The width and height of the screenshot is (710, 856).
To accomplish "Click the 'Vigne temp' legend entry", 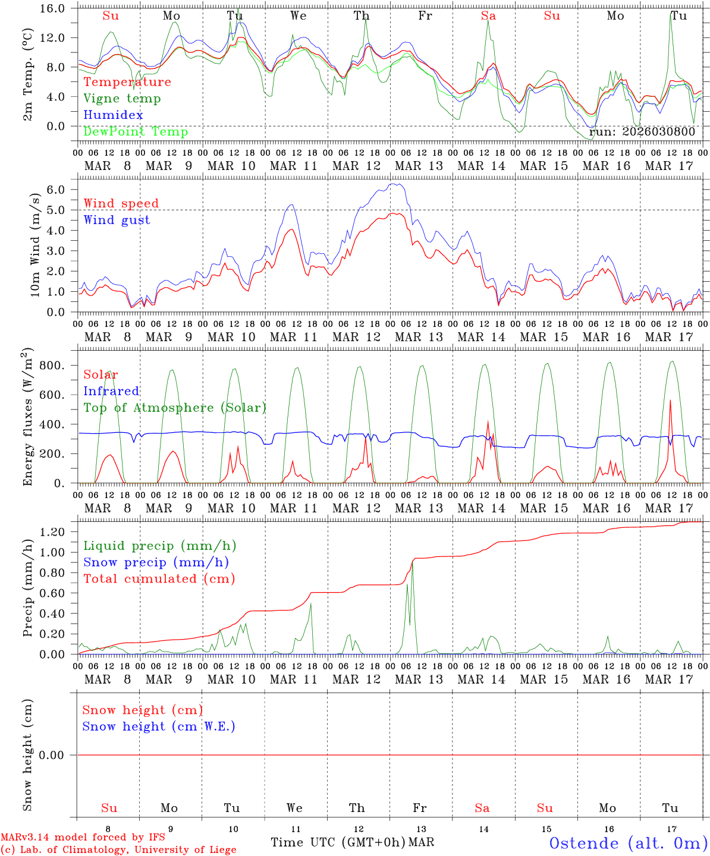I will point(122,99).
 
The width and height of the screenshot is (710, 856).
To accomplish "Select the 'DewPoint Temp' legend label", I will point(136,132).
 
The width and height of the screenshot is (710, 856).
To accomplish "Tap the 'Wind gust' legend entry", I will point(117,220).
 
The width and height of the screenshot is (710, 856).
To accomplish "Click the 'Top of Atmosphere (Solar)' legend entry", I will point(175,408).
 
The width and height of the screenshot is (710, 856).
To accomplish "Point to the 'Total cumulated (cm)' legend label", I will point(159,579).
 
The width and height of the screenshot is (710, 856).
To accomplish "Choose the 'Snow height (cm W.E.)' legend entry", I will point(159,726).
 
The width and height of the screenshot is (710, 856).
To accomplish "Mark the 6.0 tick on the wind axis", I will point(58,190).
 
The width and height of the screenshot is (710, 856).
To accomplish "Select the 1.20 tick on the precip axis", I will point(52,532).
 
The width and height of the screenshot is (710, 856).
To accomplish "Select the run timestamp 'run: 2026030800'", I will point(642,132).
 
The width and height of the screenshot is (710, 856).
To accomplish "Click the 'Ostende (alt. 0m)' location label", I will point(629,843).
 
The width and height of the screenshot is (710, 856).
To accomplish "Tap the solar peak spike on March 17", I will point(670,400).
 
